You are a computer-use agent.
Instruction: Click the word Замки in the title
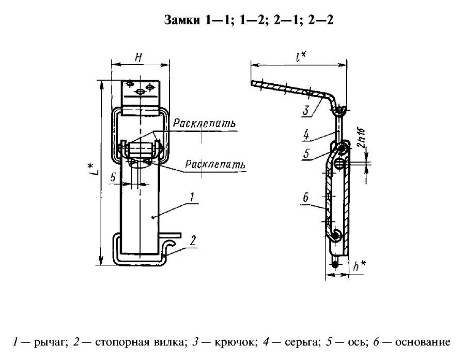pos(180,20)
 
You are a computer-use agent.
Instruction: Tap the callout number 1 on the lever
pos(191,197)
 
